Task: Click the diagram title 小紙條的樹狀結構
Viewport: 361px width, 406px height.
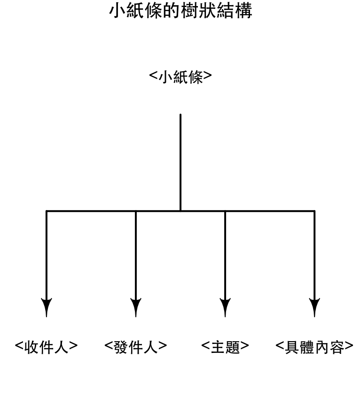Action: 180,11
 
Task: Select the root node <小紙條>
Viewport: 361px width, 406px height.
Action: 180,77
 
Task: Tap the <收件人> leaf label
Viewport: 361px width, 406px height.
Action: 46,347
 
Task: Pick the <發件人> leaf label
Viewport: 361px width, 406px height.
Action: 135,347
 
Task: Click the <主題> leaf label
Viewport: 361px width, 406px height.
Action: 225,347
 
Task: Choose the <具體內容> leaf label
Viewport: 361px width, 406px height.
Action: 314,347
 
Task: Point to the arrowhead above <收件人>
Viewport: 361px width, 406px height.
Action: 47,307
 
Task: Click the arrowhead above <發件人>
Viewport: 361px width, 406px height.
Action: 136,307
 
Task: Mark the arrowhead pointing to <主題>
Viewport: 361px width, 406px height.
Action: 225,307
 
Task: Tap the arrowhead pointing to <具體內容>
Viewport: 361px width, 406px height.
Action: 314,307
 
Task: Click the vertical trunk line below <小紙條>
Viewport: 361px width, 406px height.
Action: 180,163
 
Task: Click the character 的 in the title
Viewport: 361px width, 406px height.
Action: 172,11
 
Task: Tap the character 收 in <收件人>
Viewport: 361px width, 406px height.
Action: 31,347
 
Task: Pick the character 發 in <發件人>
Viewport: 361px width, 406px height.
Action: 121,347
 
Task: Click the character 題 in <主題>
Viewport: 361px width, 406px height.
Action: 232,347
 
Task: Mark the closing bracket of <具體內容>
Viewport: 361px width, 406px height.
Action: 349,346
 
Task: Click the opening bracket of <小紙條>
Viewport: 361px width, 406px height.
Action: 153,76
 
